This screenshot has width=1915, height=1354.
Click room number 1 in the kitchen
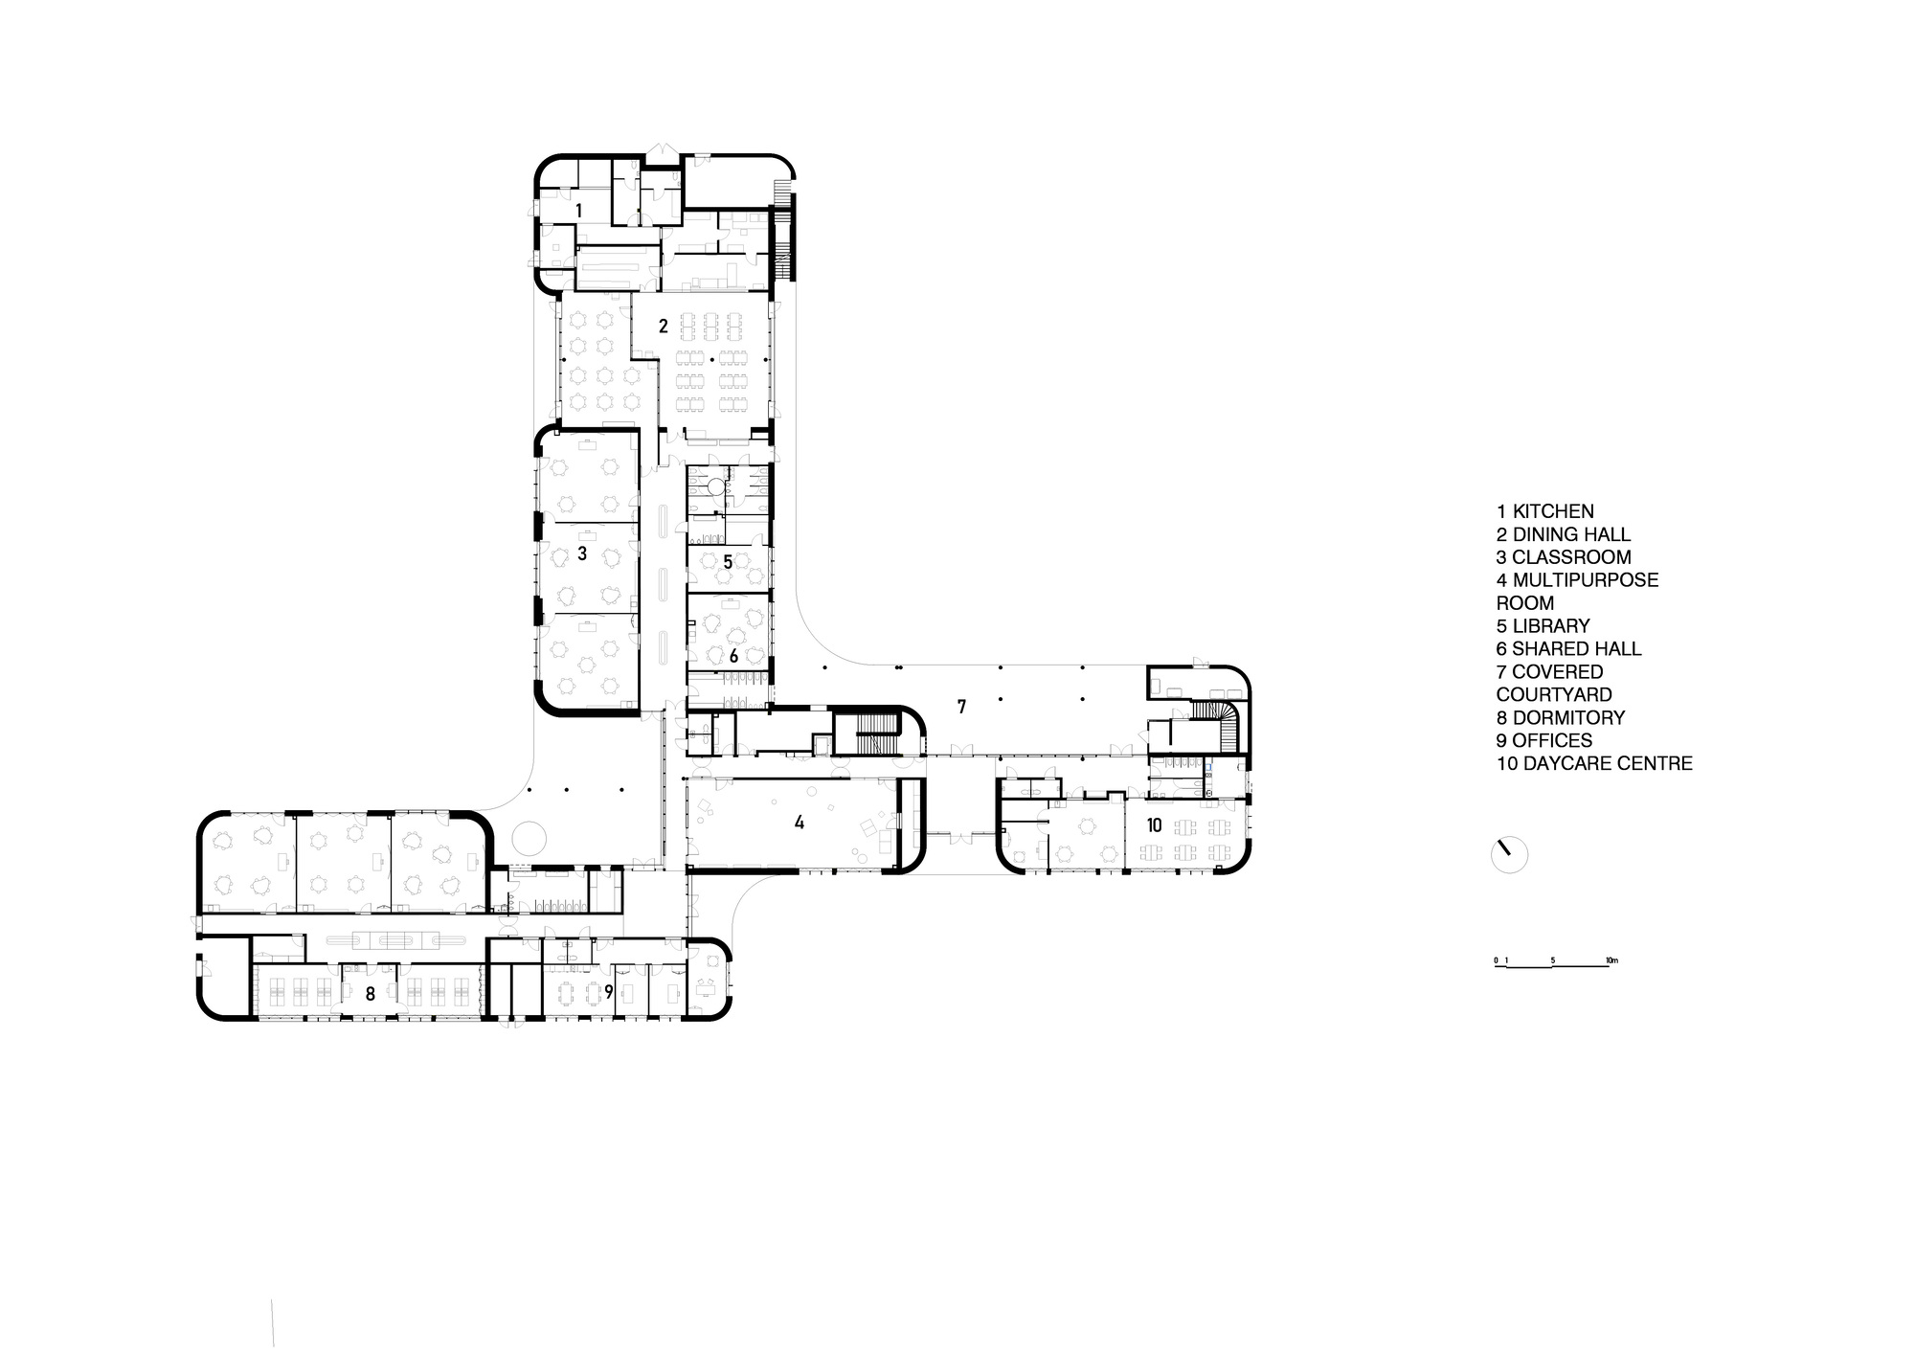pyautogui.click(x=578, y=210)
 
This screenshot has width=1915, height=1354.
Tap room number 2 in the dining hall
pyautogui.click(x=663, y=327)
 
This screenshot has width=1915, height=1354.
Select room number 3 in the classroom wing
pyautogui.click(x=581, y=553)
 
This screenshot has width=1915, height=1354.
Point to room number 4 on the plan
pyautogui.click(x=800, y=823)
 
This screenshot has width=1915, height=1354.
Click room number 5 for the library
pyautogui.click(x=728, y=562)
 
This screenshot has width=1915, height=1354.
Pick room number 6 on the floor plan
pyautogui.click(x=733, y=656)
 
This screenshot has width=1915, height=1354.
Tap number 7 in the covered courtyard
pyautogui.click(x=961, y=708)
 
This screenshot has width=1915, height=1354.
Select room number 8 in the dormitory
pyautogui.click(x=370, y=995)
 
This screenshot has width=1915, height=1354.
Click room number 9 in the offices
pyautogui.click(x=608, y=992)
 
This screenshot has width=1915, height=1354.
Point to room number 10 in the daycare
pyautogui.click(x=1154, y=824)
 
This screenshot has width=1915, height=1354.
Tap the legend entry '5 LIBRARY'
pyautogui.click(x=1543, y=626)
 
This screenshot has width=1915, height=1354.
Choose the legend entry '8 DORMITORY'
pyautogui.click(x=1561, y=718)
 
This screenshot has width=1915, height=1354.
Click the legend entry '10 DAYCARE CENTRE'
pyautogui.click(x=1594, y=764)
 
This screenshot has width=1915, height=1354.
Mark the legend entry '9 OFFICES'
pyautogui.click(x=1544, y=741)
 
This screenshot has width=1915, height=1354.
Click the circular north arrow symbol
pyautogui.click(x=1510, y=854)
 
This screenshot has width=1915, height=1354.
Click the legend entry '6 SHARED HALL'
pyautogui.click(x=1568, y=649)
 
